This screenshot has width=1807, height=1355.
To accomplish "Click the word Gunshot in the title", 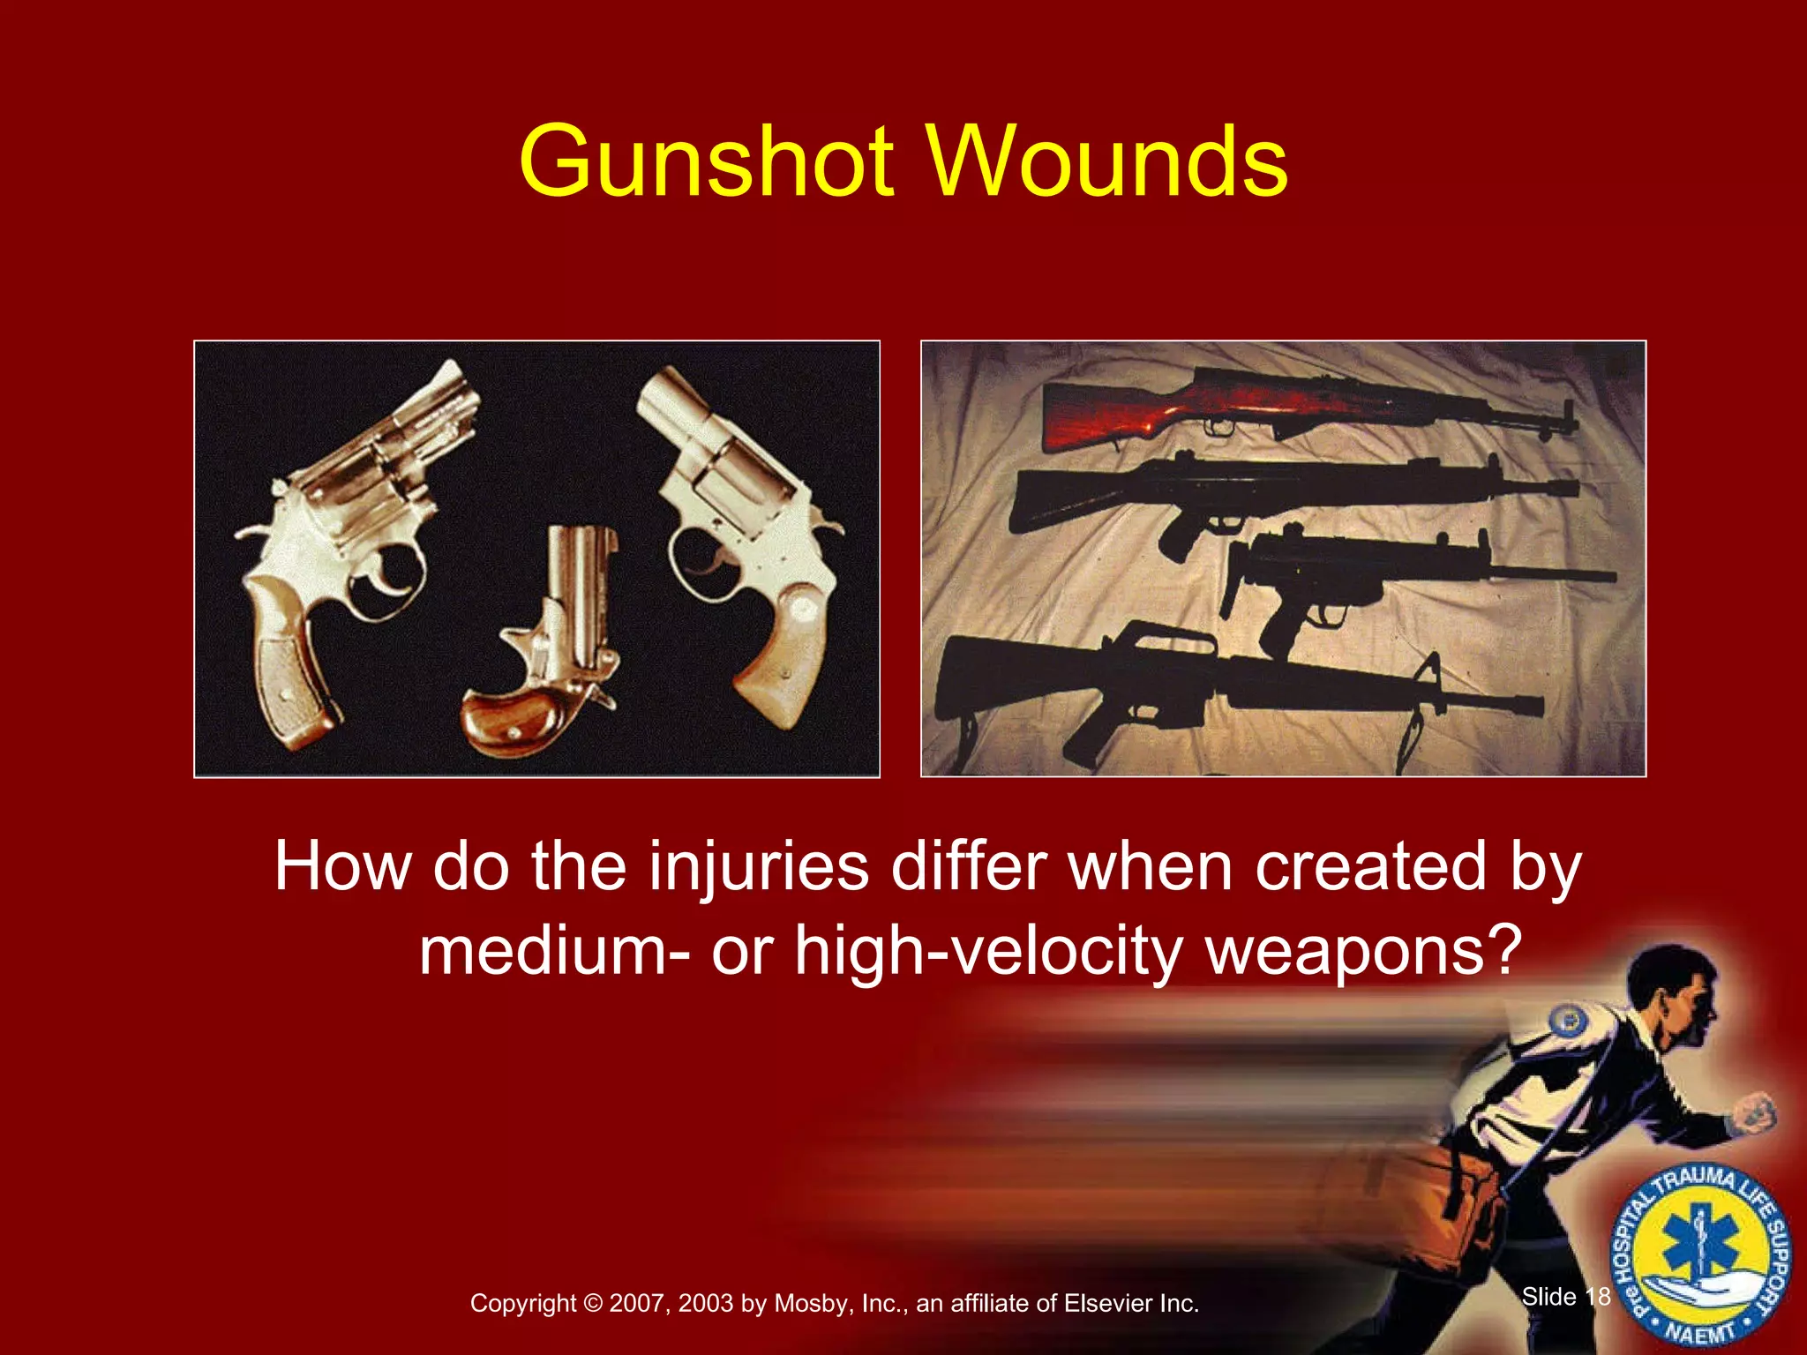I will coord(707,162).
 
